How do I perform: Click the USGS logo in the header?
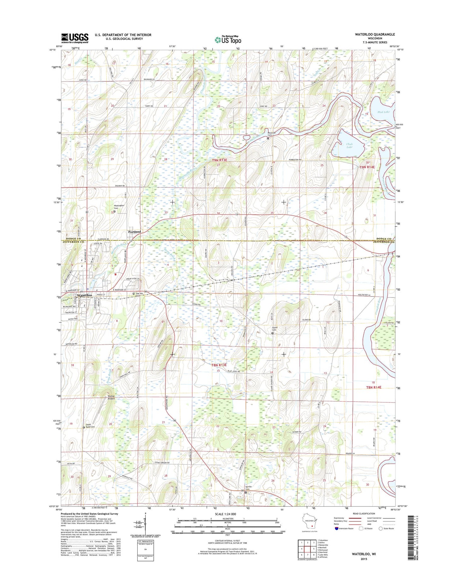tap(75, 38)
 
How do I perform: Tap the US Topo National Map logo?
tap(228, 39)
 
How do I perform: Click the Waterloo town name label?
tap(84, 295)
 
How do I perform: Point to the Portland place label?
tap(134, 232)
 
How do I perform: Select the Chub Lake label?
tap(349, 145)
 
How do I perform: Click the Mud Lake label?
tap(383, 112)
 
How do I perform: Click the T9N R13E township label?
tap(219, 160)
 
